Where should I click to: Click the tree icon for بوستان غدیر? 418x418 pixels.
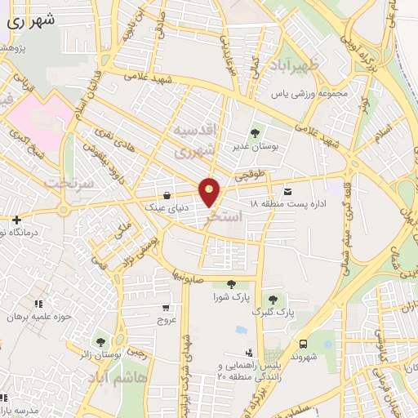click(255, 132)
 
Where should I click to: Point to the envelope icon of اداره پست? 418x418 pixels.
click(287, 191)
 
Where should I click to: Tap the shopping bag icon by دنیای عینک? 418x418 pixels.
click(167, 196)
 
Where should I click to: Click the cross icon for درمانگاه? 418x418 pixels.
click(16, 220)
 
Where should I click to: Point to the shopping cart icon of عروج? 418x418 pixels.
click(167, 309)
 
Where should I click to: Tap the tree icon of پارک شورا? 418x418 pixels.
click(231, 284)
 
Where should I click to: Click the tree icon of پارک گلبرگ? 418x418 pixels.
click(272, 300)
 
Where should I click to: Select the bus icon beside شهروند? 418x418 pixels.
click(303, 345)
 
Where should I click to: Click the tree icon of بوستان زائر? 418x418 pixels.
click(100, 342)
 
